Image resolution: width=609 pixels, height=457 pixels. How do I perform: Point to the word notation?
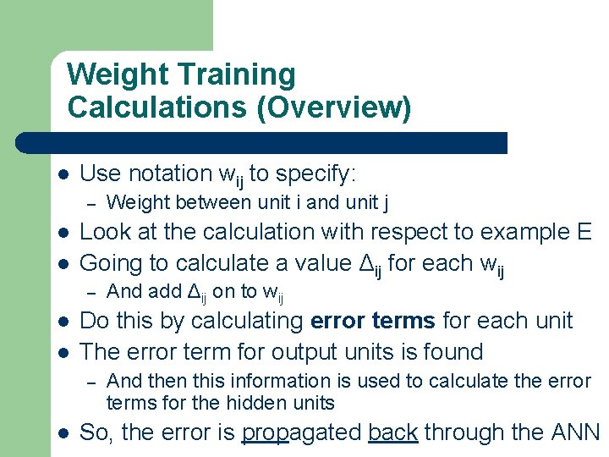click(167, 174)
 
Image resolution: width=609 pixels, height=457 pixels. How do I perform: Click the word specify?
click(315, 174)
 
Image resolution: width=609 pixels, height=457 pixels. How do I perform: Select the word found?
click(453, 352)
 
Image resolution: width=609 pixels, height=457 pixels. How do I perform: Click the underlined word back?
click(393, 433)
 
